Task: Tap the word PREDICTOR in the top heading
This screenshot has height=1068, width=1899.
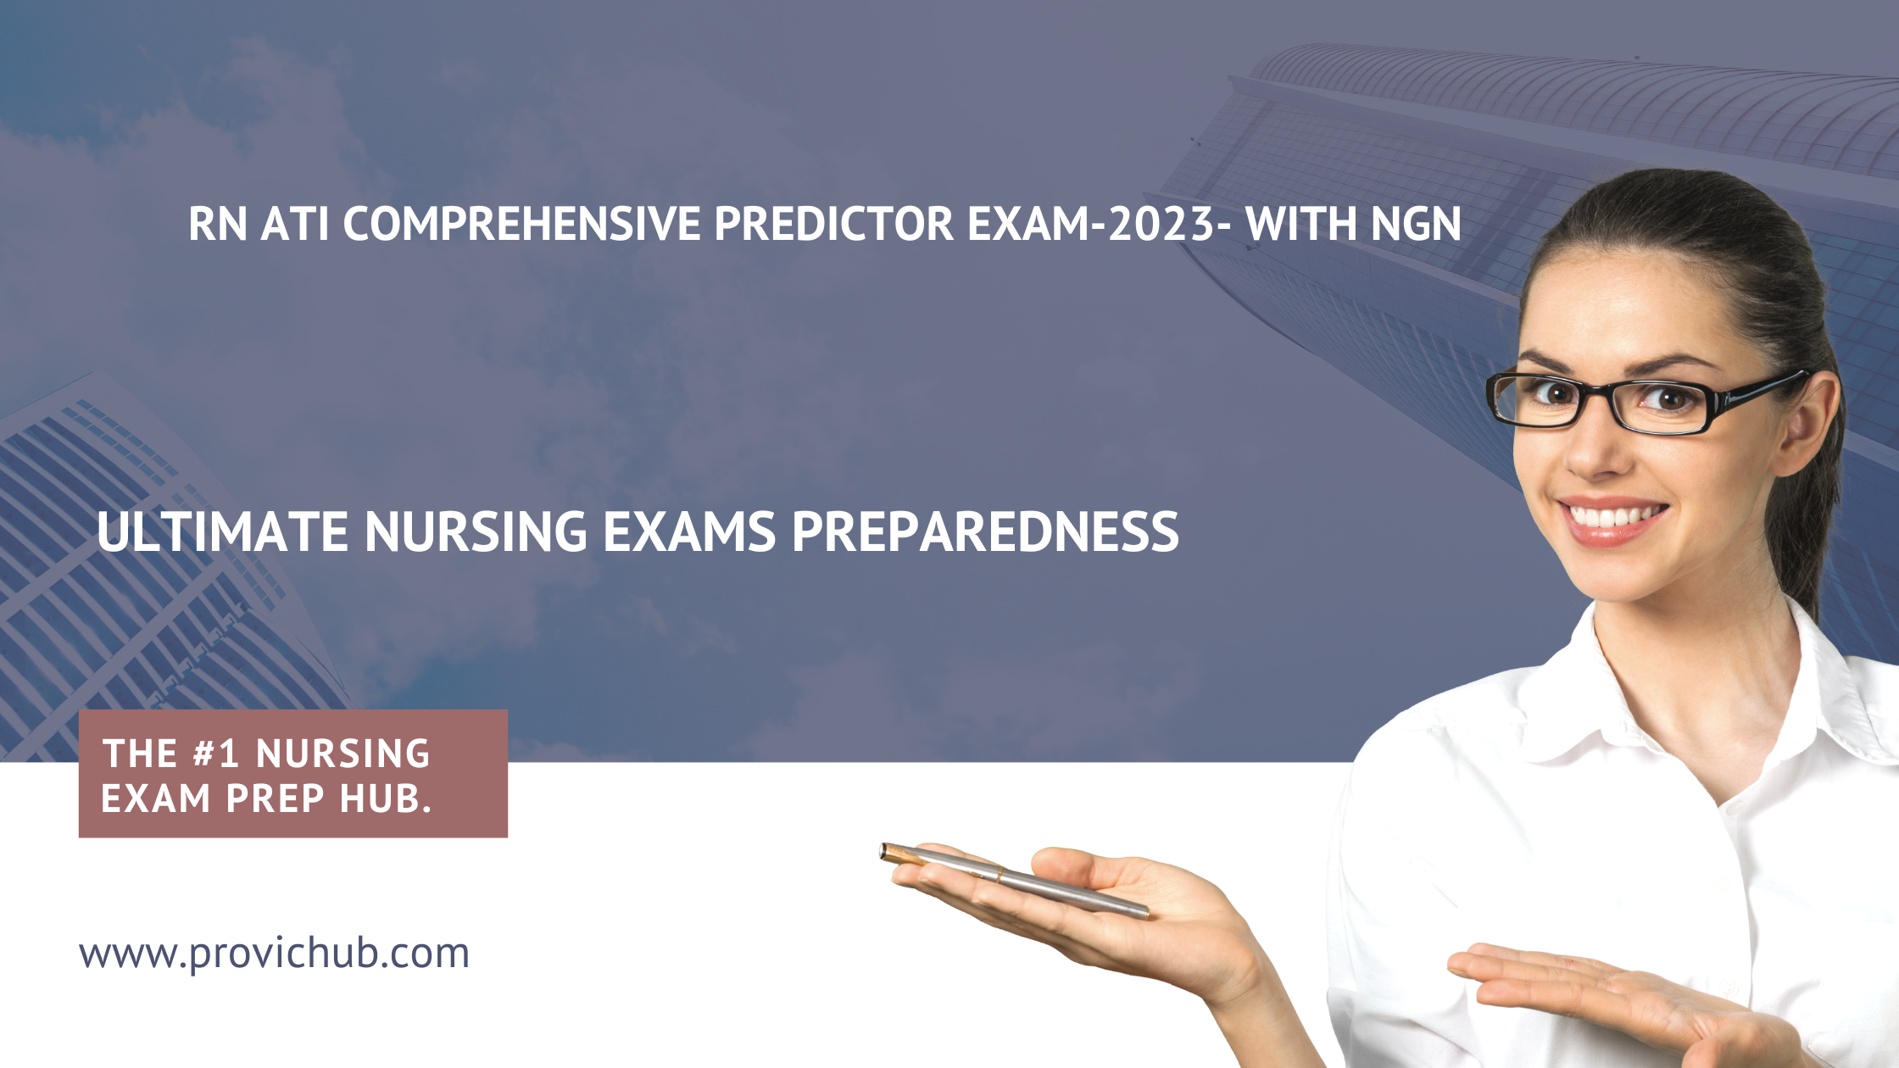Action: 834,224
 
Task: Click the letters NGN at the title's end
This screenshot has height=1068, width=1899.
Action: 1416,224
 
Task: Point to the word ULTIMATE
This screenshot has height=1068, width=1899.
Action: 223,531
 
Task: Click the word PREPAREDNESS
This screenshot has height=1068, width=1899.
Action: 985,531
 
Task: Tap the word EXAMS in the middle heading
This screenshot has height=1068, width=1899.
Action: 689,531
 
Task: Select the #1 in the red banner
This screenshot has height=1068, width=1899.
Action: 215,754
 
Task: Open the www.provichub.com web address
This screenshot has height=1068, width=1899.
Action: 274,954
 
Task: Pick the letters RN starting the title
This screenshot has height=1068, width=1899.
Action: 218,224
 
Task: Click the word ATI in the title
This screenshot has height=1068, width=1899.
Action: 294,224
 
